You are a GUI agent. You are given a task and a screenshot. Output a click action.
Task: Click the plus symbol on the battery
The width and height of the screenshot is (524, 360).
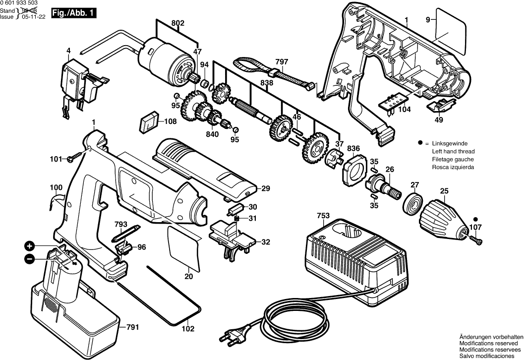30,246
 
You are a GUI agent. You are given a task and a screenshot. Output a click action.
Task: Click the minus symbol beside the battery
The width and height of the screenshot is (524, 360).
30,258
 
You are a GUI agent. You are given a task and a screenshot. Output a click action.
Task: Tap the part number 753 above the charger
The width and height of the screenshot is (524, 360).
323,216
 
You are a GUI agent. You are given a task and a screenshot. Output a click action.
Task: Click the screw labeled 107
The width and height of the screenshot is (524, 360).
477,240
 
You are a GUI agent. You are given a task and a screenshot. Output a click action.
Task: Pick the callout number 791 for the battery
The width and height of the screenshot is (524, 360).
132,327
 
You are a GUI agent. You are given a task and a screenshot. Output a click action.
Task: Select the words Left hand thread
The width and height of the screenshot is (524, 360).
453,151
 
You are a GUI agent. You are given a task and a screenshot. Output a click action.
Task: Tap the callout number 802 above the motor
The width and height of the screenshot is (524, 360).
177,23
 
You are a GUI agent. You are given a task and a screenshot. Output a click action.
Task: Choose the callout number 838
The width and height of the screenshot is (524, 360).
267,83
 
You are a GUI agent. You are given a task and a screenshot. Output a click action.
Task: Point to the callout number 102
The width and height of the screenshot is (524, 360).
187,328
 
